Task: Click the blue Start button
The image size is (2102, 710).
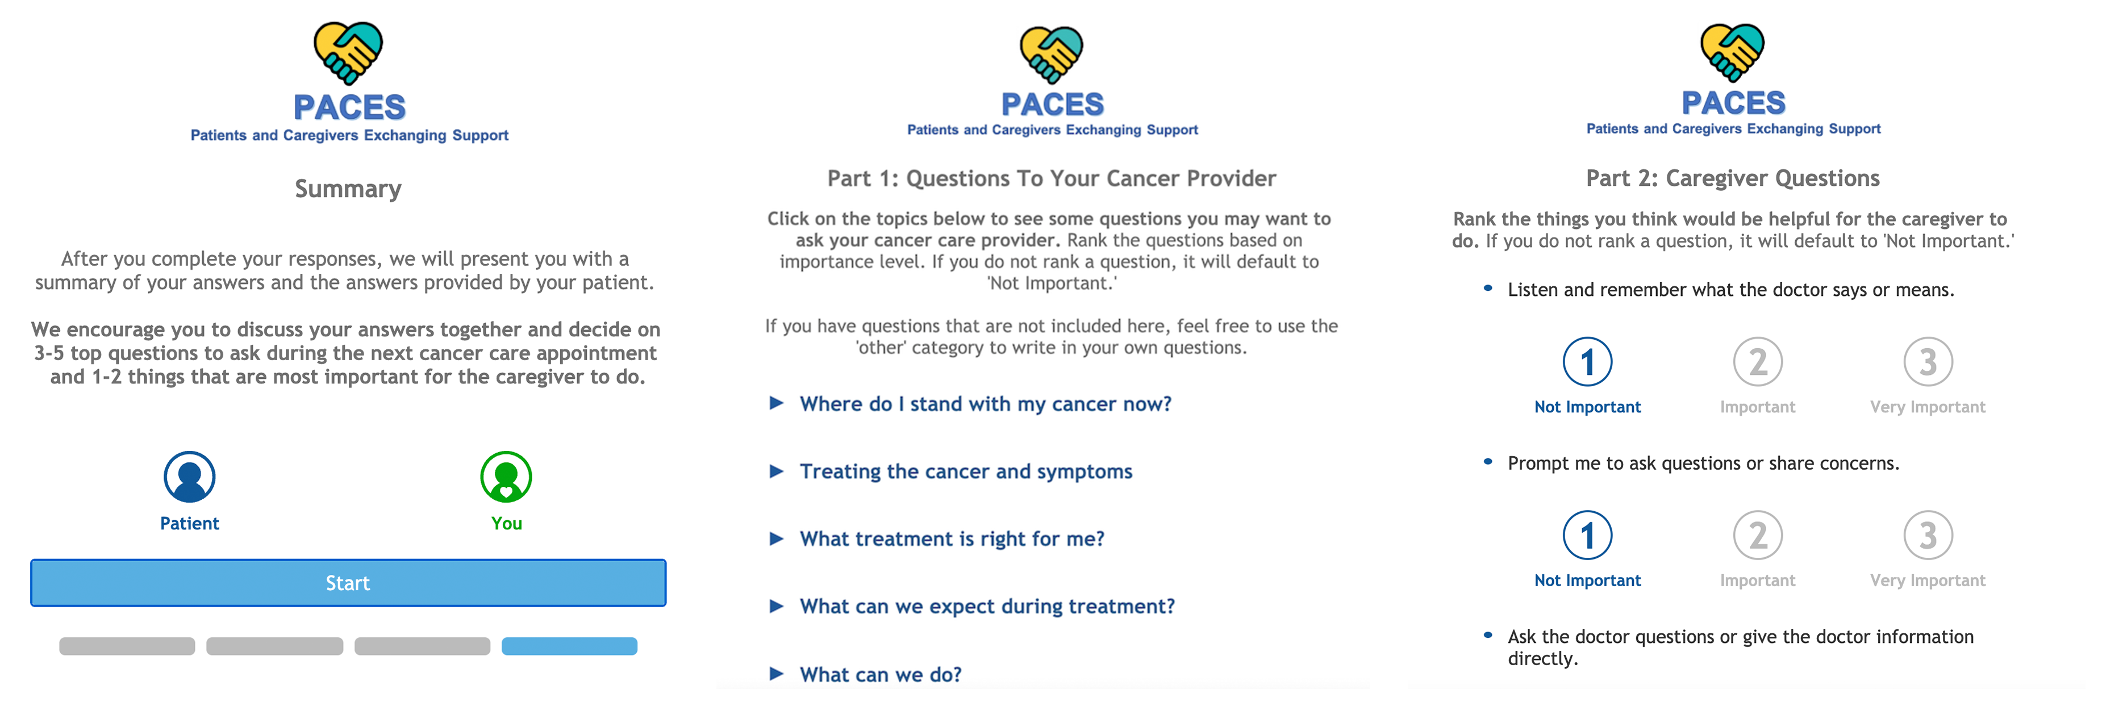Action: click(x=348, y=583)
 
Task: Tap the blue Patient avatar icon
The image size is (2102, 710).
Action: click(x=189, y=478)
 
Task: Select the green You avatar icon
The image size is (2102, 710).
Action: click(x=506, y=478)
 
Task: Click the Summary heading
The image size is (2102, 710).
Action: click(x=348, y=189)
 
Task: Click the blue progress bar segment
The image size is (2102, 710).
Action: click(x=570, y=646)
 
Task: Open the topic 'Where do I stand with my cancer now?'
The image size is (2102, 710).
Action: click(x=986, y=404)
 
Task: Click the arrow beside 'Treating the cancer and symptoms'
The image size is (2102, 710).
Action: click(x=776, y=471)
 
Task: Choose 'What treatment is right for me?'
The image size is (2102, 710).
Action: click(x=952, y=538)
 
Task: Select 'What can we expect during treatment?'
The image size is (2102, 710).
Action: click(x=987, y=607)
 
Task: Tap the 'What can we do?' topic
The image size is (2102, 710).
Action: click(x=881, y=675)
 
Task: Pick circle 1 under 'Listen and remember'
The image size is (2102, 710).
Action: click(x=1588, y=361)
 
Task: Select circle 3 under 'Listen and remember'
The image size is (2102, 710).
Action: click(x=1928, y=361)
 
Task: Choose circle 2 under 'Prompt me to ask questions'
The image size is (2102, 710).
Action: click(x=1758, y=536)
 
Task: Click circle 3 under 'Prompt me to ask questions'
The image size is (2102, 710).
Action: click(x=1928, y=536)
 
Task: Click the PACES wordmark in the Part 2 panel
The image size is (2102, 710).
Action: click(x=1734, y=103)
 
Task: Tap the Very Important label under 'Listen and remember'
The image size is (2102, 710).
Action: click(x=1928, y=407)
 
